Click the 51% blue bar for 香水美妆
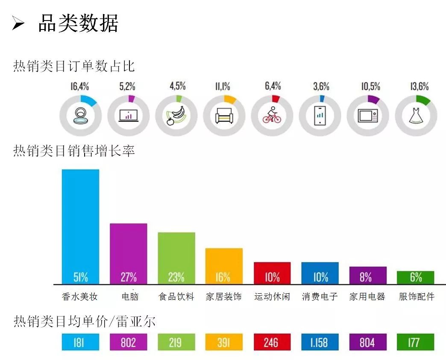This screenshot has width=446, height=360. pyautogui.click(x=80, y=227)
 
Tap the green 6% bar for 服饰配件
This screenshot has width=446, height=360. pyautogui.click(x=416, y=277)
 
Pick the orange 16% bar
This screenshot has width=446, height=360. pyautogui.click(x=224, y=266)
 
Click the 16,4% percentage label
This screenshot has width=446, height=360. pyautogui.click(x=80, y=86)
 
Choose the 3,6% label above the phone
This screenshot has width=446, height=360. pyautogui.click(x=321, y=86)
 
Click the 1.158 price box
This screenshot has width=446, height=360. pyautogui.click(x=320, y=342)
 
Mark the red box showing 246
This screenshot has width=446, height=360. pyautogui.click(x=272, y=342)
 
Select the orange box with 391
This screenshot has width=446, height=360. pyautogui.click(x=224, y=342)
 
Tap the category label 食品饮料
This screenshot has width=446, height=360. pyautogui.click(x=176, y=296)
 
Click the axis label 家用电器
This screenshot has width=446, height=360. pyautogui.click(x=367, y=296)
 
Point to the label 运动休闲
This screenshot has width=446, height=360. pyautogui.click(x=272, y=296)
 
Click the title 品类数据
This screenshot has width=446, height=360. pyautogui.click(x=78, y=23)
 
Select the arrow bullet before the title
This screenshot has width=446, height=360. pyautogui.click(x=18, y=24)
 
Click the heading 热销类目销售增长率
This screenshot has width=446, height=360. pyautogui.click(x=74, y=151)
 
